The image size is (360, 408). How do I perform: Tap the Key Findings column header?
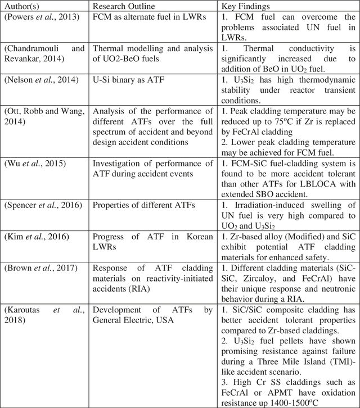(246, 7)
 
